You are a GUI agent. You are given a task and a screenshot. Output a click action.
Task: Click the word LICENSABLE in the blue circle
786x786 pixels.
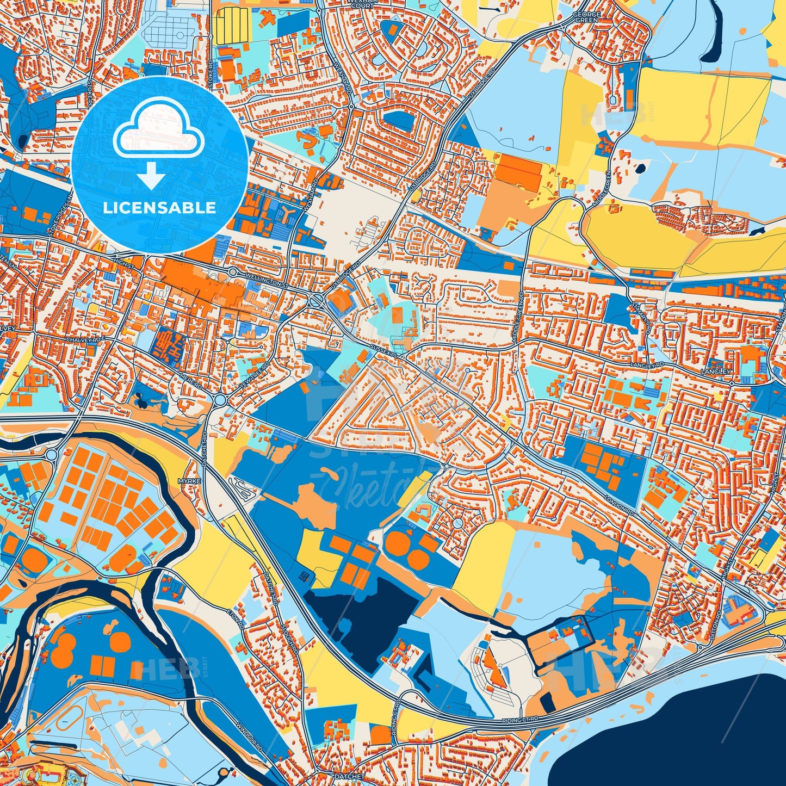159,208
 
